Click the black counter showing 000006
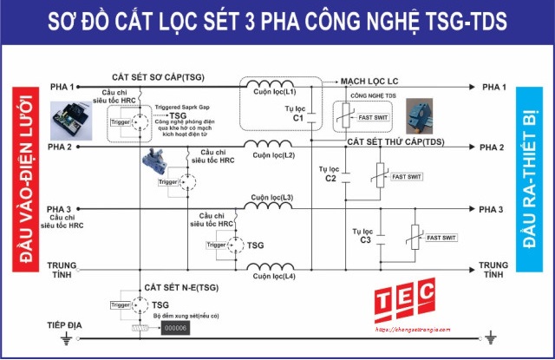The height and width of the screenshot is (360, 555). click(x=176, y=328)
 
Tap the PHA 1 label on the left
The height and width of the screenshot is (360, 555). click(x=62, y=88)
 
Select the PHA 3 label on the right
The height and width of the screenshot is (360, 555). click(x=493, y=210)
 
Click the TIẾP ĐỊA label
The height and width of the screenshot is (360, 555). click(x=63, y=324)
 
